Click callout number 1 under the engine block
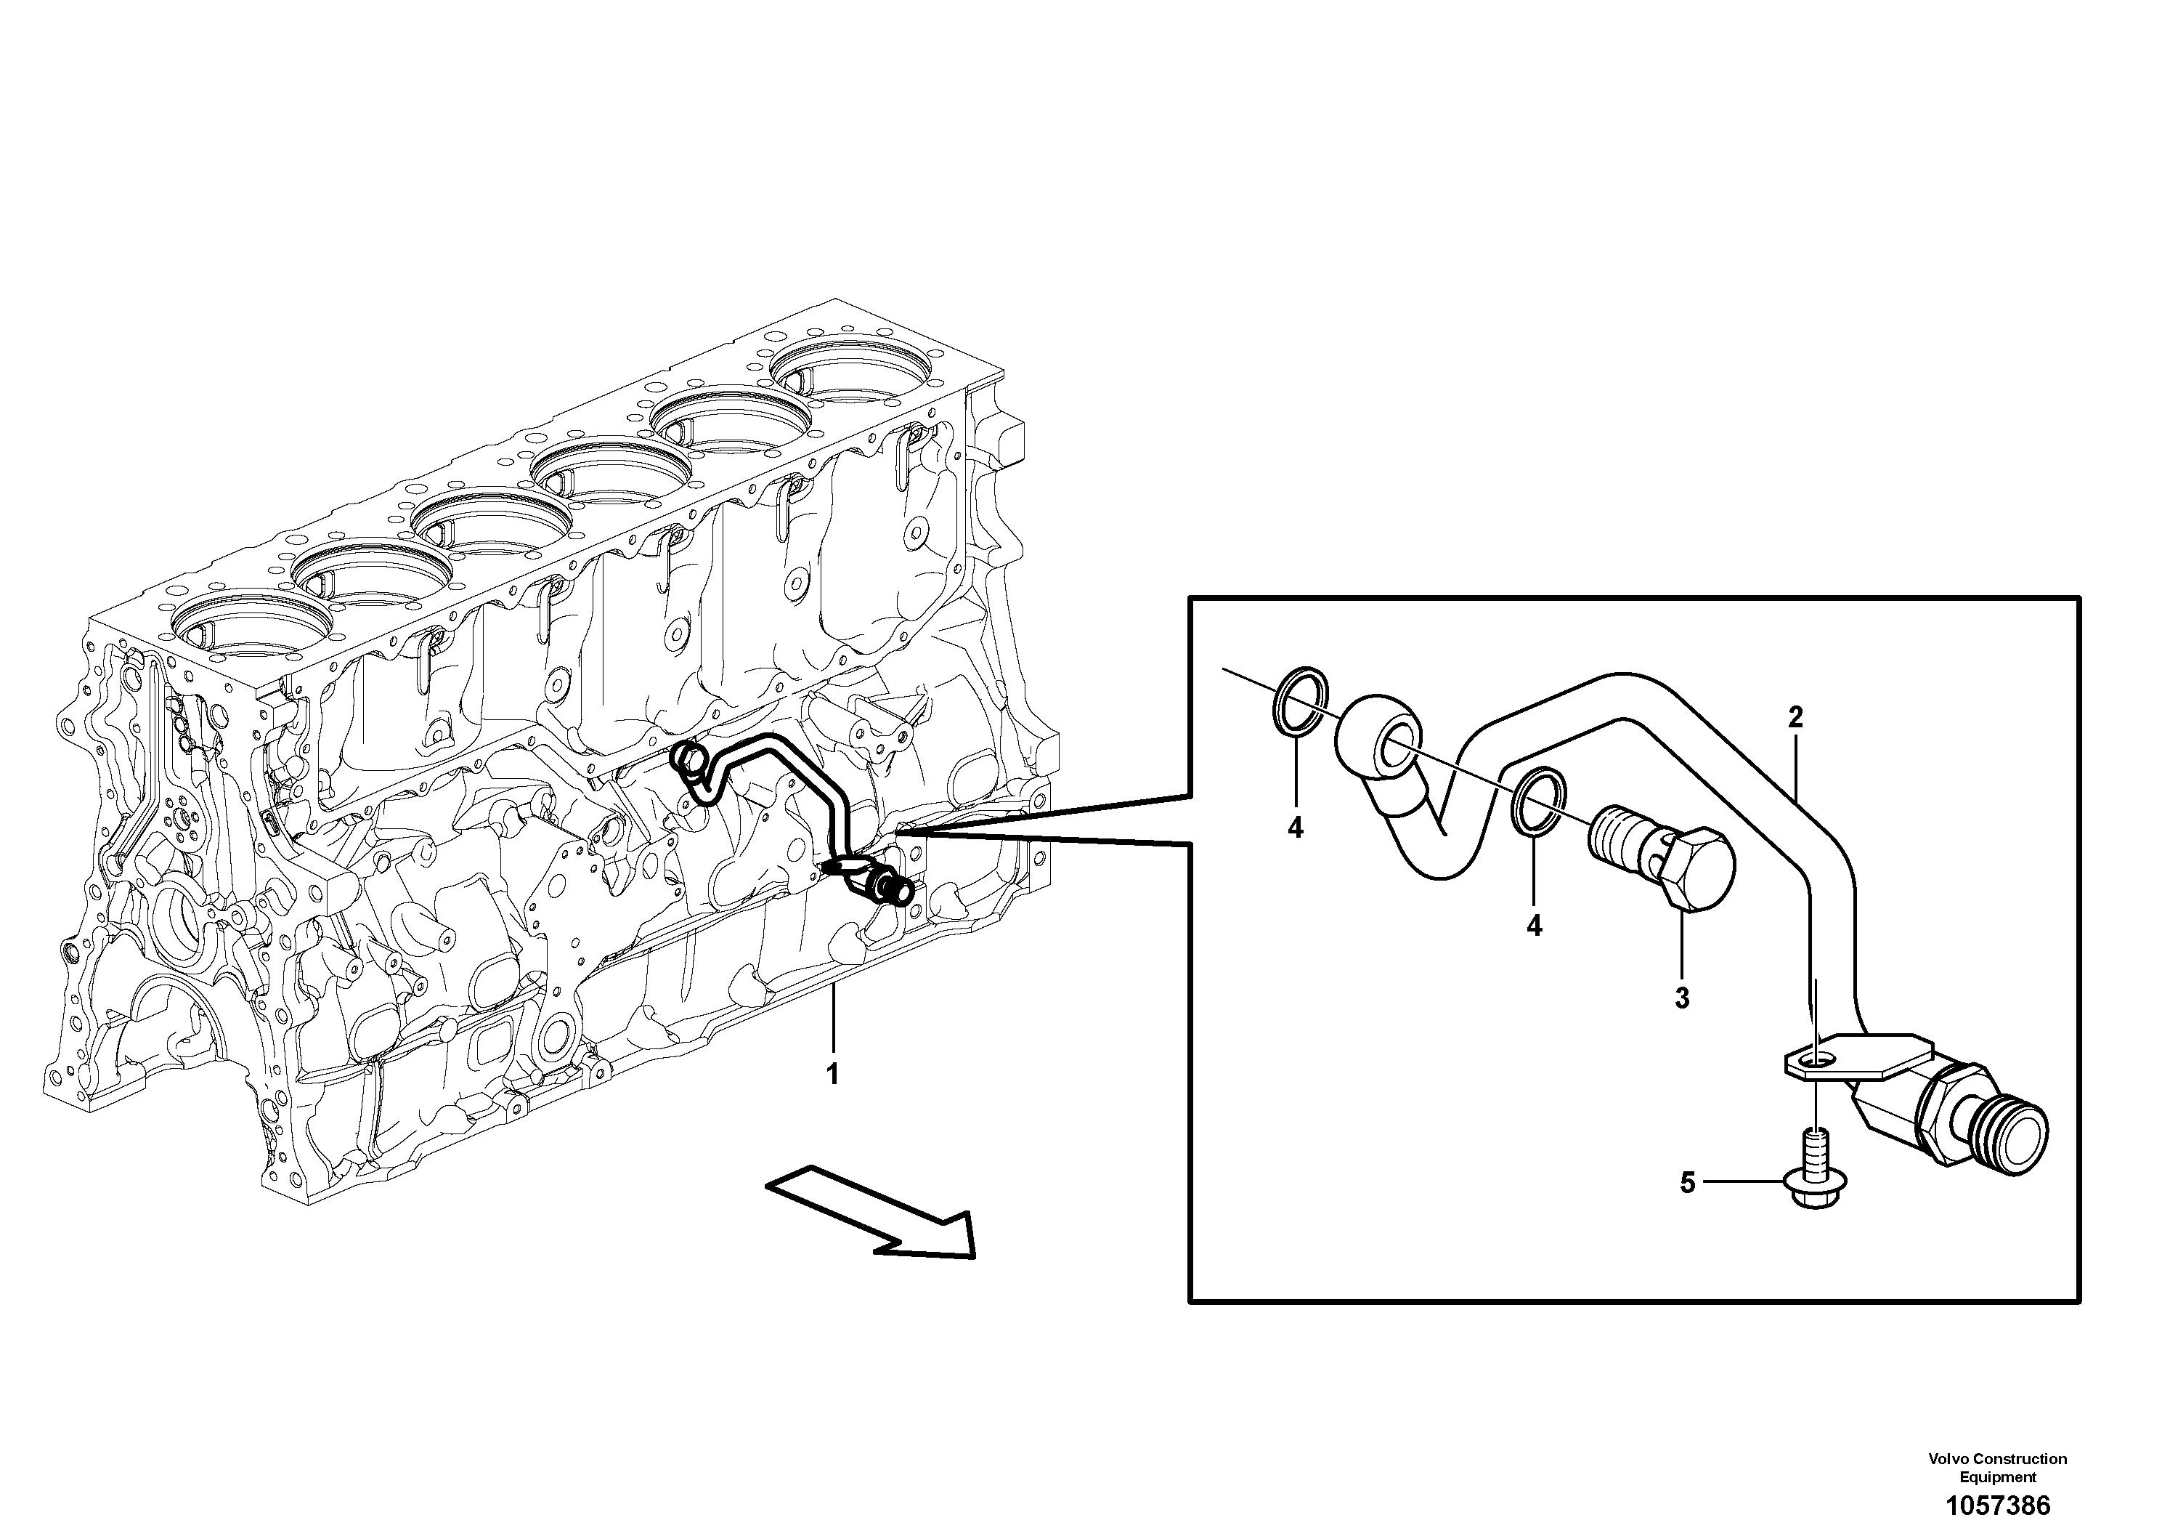[832, 1074]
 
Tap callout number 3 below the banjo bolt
[1683, 998]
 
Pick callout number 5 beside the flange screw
[1688, 1182]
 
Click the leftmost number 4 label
[1296, 828]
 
